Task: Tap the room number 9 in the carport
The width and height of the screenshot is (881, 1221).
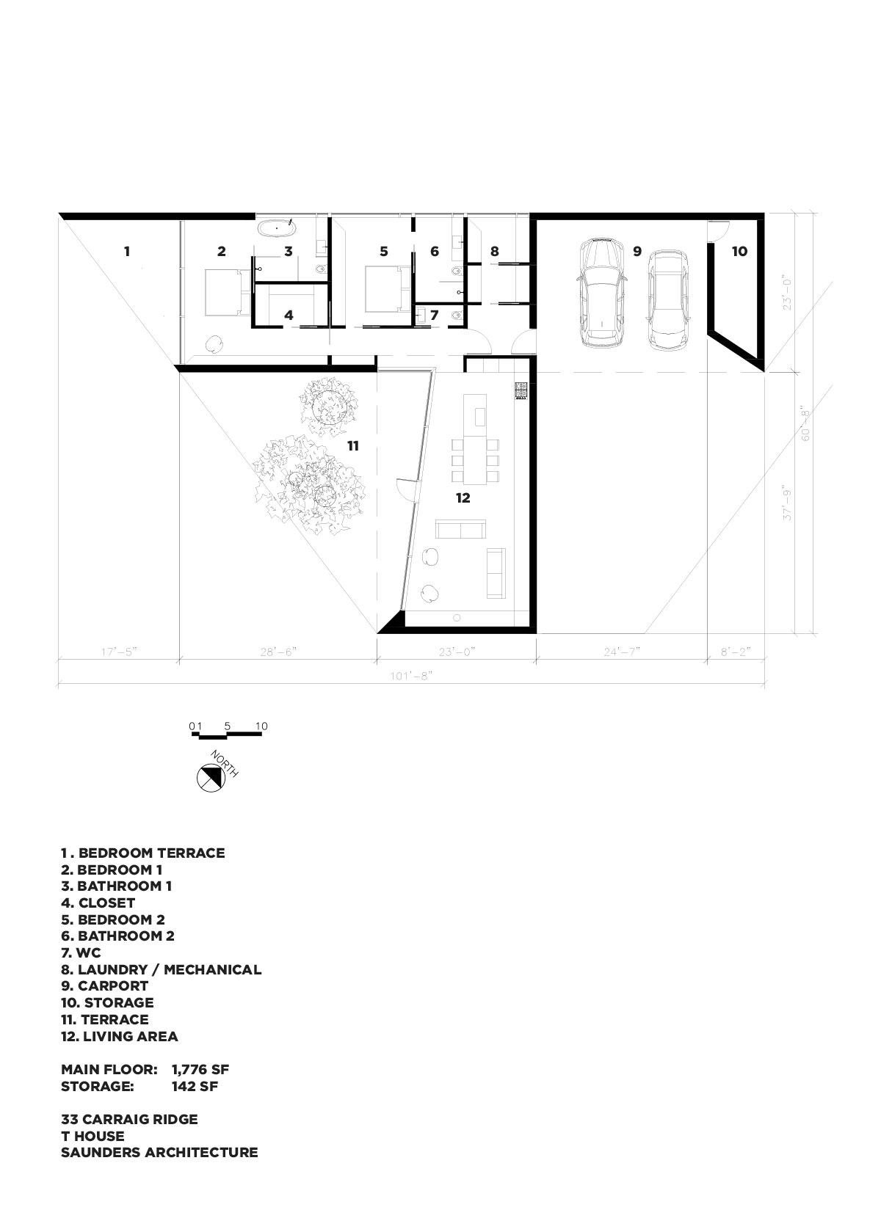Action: [x=637, y=251]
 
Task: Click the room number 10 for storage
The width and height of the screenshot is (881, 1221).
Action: [x=739, y=251]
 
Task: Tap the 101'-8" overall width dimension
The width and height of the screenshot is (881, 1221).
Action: [x=411, y=676]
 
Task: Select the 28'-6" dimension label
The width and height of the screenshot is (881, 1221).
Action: [x=278, y=652]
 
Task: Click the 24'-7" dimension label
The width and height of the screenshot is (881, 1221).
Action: [x=621, y=652]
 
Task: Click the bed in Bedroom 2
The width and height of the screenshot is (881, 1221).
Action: [x=388, y=289]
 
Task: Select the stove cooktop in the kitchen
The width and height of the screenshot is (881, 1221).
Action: [x=521, y=391]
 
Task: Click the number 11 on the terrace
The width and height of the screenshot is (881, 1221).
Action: [x=353, y=446]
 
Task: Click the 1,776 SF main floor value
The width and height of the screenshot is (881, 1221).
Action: [x=200, y=1069]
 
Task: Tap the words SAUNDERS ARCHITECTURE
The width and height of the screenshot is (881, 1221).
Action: [x=159, y=1152]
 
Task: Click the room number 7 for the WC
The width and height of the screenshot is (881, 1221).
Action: [x=434, y=315]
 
